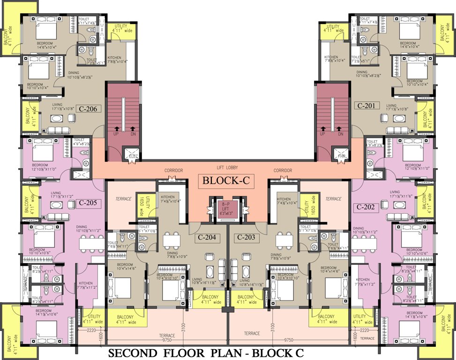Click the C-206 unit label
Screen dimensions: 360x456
(88, 109)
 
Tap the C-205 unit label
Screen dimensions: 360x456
(88, 203)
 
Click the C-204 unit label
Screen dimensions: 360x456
(207, 237)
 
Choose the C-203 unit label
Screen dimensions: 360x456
(246, 237)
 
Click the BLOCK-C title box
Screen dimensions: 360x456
(228, 180)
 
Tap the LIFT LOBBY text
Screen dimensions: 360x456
(228, 167)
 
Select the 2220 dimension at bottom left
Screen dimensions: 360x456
(92, 330)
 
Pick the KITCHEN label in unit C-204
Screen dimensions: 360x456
(167, 197)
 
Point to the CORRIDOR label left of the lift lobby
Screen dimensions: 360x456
(173, 171)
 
